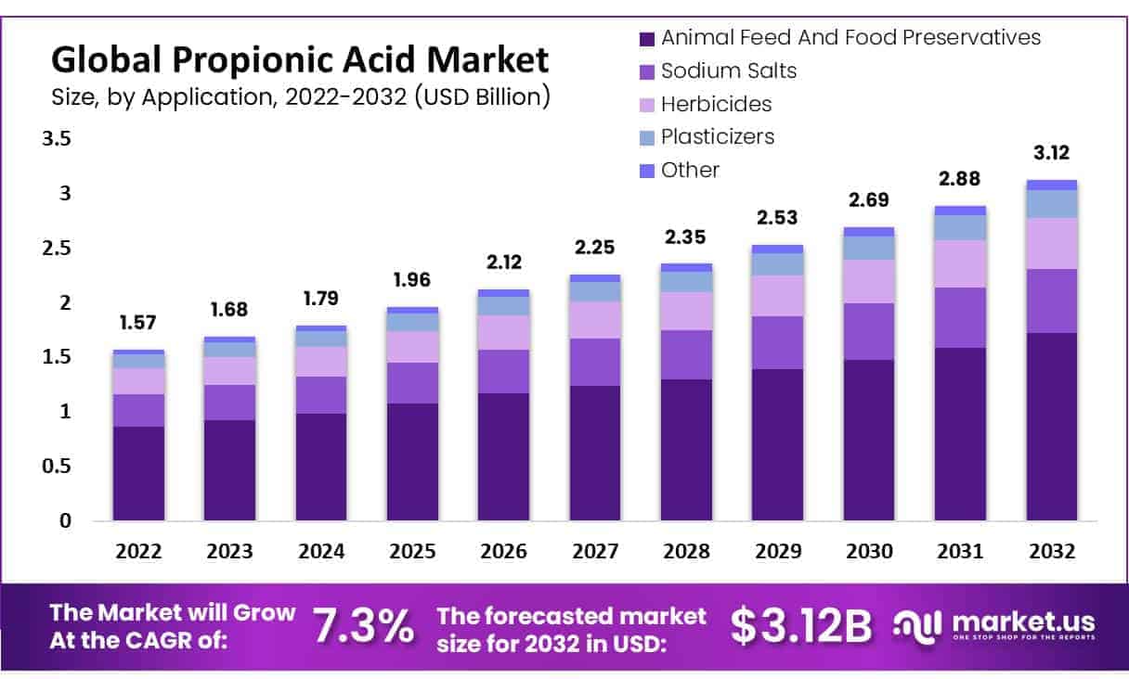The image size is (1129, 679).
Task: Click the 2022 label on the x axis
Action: point(138,551)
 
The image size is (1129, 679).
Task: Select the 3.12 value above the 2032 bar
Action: point(1052,153)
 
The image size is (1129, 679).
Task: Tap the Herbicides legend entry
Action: point(716,104)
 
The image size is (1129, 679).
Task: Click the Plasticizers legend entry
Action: point(717,137)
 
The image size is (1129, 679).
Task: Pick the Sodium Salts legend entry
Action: point(728,70)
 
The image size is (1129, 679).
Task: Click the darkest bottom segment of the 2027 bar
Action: point(595,453)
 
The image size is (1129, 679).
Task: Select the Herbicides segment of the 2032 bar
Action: point(1052,243)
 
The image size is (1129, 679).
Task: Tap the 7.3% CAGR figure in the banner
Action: point(363,627)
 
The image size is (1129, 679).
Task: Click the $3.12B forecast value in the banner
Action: point(801,627)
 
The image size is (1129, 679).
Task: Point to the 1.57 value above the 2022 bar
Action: point(138,323)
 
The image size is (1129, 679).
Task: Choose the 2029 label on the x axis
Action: point(778,551)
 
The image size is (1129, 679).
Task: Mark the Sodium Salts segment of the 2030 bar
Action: point(869,331)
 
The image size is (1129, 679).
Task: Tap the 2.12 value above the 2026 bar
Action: point(504,262)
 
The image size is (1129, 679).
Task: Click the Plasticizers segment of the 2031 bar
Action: point(960,227)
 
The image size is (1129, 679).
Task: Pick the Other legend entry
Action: point(690,171)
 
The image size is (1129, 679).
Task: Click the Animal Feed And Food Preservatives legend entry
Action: point(850,38)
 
